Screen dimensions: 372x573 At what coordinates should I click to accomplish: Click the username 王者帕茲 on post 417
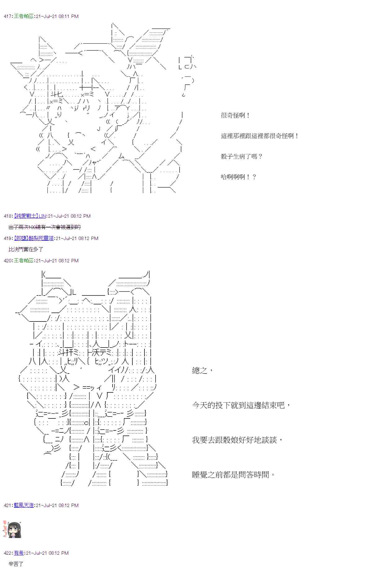pos(24,16)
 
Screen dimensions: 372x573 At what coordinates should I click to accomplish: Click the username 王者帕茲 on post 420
pos(24,261)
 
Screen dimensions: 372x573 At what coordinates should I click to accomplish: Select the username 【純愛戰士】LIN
pos(30,216)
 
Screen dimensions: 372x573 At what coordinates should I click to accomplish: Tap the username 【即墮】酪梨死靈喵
pos(34,238)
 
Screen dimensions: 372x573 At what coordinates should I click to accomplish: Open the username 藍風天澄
pos(24,505)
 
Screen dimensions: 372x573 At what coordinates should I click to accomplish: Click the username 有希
pos(19,553)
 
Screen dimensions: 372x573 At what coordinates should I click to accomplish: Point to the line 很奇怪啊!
pos(235,116)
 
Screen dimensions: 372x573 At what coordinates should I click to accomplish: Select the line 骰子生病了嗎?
pos(241,157)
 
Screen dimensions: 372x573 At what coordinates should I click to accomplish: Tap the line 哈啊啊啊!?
pos(238,177)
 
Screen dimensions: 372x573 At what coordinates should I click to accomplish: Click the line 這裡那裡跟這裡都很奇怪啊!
pos(259,136)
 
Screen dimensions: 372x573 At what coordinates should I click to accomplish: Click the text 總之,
pos(202,370)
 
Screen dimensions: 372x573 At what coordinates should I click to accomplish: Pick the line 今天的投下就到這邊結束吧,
pos(241,405)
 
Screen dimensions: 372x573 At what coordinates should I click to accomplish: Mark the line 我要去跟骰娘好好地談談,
pos(237,440)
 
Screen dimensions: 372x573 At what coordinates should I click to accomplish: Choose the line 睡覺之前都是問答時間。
pos(233,475)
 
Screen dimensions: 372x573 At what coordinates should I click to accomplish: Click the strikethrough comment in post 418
pos(45,227)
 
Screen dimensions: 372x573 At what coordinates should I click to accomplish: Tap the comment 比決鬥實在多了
pos(26,250)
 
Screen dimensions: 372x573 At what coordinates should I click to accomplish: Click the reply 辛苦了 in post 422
pos(16,564)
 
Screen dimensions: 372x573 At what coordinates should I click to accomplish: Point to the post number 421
pos(8,505)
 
